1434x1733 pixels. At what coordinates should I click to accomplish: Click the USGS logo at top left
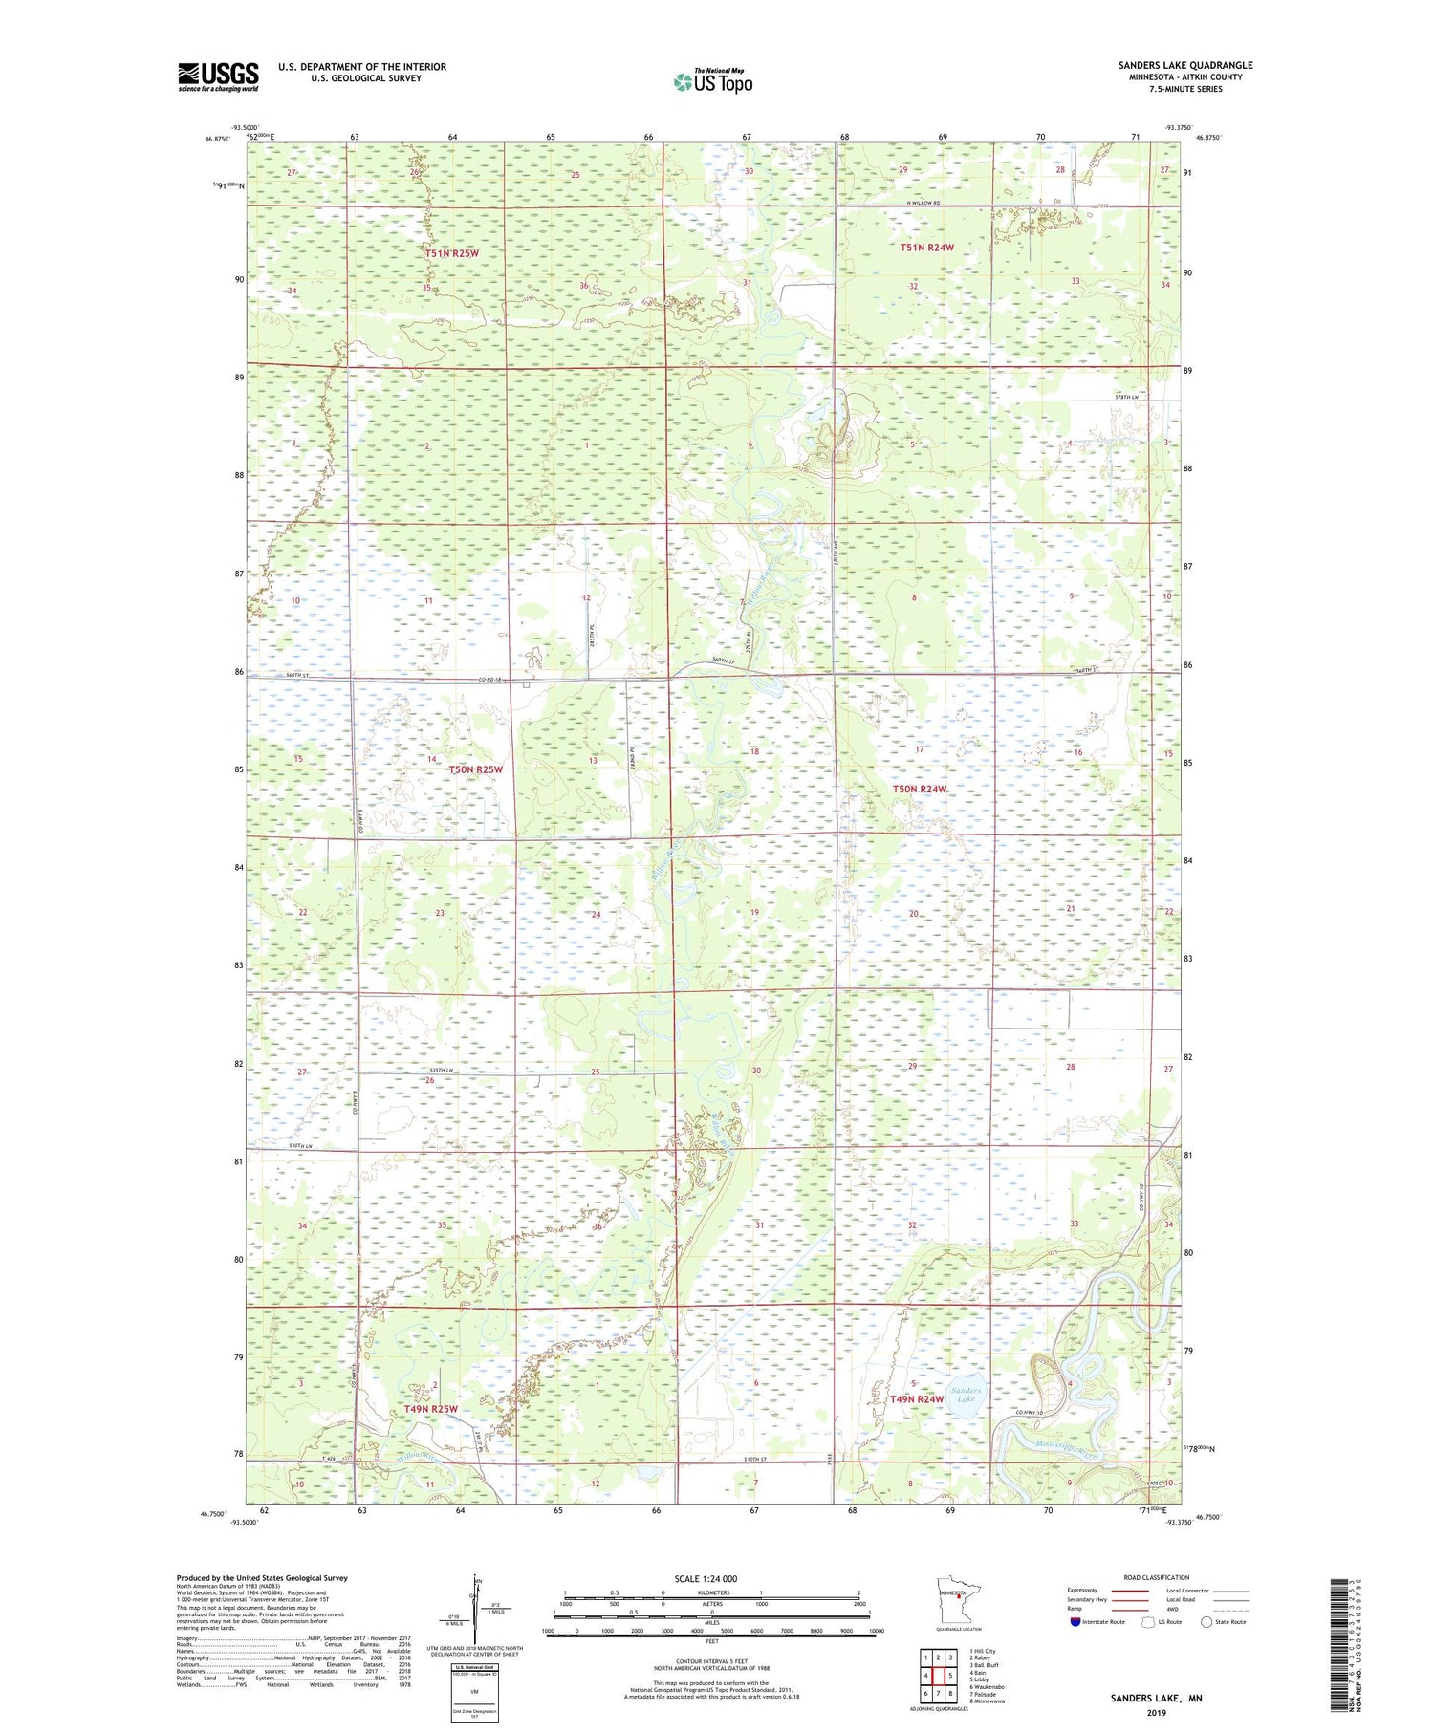click(x=218, y=76)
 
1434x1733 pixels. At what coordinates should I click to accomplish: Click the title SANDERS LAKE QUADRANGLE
click(x=1184, y=65)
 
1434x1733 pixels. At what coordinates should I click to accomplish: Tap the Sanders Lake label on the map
click(x=966, y=1395)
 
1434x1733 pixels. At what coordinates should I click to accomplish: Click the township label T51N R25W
click(x=450, y=253)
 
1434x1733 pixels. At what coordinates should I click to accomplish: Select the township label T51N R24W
click(x=926, y=248)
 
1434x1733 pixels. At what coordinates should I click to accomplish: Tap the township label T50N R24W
click(x=920, y=789)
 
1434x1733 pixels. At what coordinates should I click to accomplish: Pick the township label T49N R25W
click(x=430, y=1409)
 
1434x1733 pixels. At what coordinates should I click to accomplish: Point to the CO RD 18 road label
click(x=490, y=680)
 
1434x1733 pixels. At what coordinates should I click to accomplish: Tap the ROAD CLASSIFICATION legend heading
click(x=1157, y=1577)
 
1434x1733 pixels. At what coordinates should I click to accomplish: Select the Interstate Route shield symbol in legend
click(x=1075, y=1621)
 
